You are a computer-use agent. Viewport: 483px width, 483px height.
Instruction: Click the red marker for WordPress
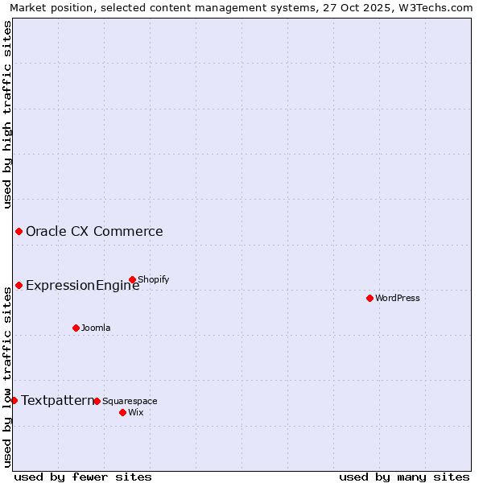[369, 298]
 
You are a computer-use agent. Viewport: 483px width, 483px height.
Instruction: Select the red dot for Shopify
[132, 279]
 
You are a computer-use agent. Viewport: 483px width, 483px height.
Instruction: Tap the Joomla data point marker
[76, 328]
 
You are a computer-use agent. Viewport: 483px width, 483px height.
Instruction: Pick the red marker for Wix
[122, 412]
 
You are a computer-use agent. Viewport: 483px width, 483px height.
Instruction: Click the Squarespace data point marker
[97, 401]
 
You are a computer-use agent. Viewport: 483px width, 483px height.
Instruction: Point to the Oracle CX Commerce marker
[19, 232]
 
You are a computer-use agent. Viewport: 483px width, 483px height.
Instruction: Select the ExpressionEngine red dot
[19, 285]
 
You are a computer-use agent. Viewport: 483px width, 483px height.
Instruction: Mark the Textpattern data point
[14, 400]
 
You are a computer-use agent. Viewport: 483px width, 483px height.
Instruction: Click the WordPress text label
[398, 298]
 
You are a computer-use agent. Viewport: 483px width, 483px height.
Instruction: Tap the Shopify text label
[154, 279]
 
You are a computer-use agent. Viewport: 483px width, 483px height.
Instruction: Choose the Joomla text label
[96, 328]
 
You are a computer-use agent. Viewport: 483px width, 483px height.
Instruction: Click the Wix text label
[135, 412]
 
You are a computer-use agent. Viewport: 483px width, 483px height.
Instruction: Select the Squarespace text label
[130, 401]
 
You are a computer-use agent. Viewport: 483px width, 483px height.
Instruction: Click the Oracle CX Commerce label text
[94, 232]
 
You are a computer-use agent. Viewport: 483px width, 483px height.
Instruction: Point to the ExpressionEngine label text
[82, 285]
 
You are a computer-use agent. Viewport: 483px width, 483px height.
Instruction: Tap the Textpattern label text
[57, 400]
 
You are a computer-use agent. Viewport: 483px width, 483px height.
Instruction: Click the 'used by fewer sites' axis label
[83, 477]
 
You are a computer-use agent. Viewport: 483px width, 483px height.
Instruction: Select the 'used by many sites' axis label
[404, 477]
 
